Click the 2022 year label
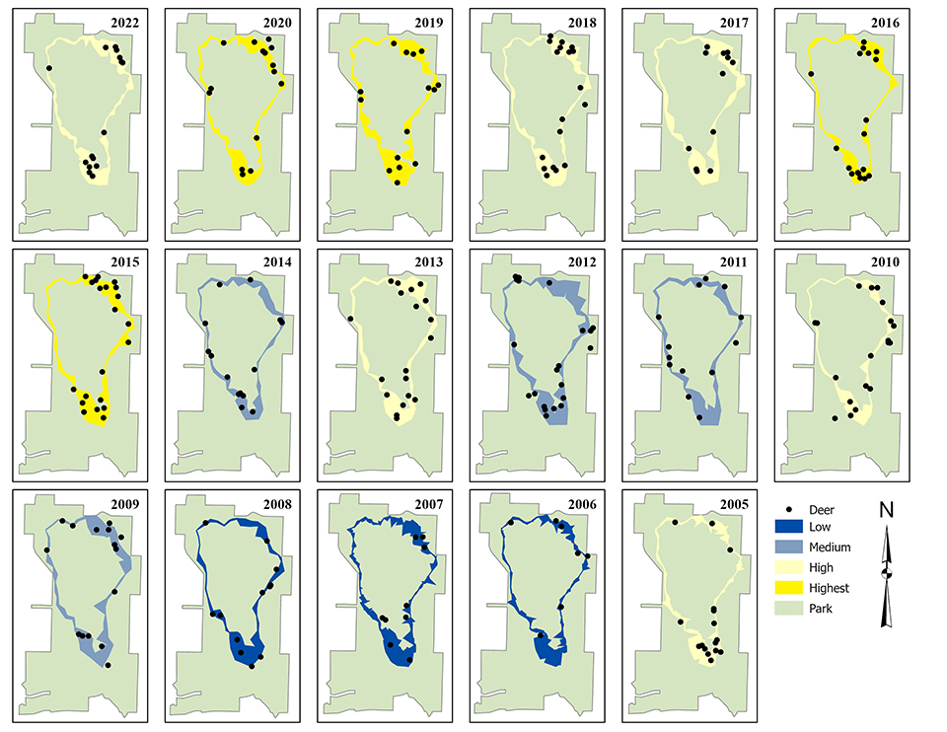click(124, 20)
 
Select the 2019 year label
click(428, 20)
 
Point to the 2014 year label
click(276, 261)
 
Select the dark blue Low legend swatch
click(786, 528)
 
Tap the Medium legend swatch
click(786, 547)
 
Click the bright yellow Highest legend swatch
click(786, 588)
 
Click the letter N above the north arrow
click(886, 511)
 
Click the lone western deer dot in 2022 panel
click(49, 67)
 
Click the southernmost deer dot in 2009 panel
click(108, 665)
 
